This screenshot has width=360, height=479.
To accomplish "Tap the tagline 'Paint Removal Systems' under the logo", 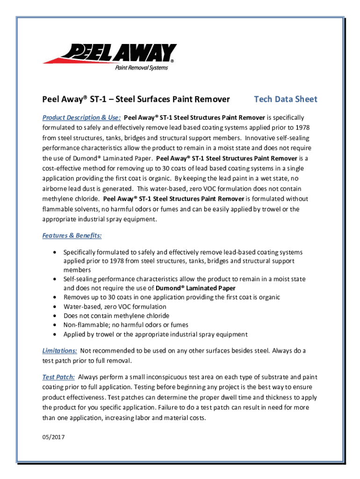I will pos(141,68).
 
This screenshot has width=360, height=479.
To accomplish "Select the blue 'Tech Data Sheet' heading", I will pos(285,99).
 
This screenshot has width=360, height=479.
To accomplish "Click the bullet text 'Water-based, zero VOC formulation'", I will pos(115,306).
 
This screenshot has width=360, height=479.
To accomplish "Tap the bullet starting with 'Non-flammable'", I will pos(126,325).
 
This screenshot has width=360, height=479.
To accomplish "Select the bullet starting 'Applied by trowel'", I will pos(155,334).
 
